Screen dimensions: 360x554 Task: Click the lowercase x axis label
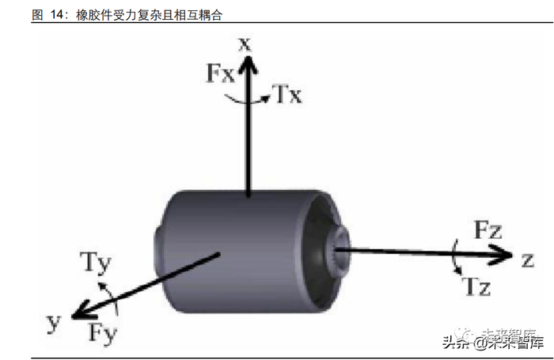pyautogui.click(x=245, y=44)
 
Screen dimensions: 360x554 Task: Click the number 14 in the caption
pyautogui.click(x=56, y=15)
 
